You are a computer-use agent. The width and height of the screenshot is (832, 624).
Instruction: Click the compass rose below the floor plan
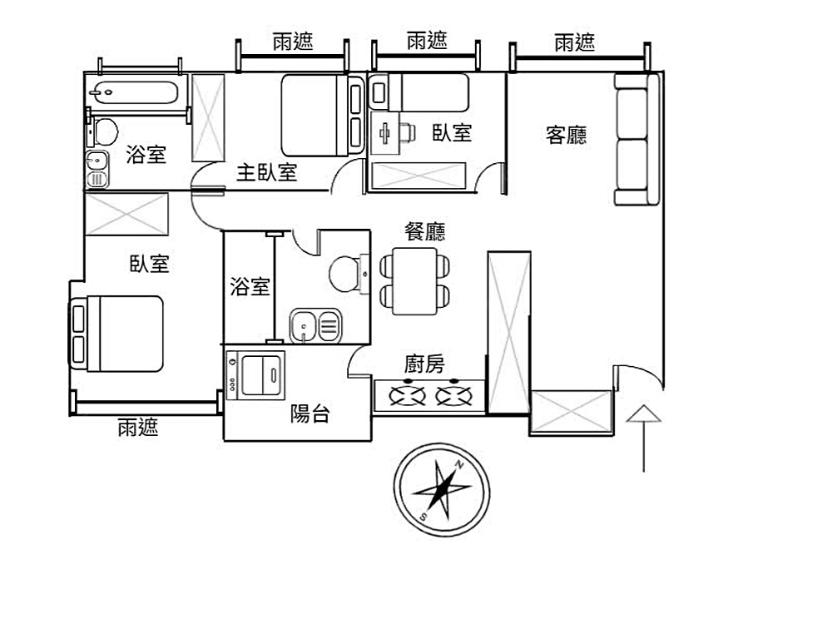(x=442, y=490)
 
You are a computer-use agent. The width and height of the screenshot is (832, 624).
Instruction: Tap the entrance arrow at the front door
(x=644, y=438)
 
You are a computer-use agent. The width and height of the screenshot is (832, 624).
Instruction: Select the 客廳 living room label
(x=566, y=135)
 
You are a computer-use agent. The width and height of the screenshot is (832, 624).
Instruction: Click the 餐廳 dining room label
(x=424, y=231)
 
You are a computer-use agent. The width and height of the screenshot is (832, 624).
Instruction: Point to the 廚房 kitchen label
(x=424, y=364)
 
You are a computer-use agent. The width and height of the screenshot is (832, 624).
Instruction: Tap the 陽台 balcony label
(x=310, y=413)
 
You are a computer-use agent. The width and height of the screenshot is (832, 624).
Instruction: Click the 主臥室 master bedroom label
(x=266, y=172)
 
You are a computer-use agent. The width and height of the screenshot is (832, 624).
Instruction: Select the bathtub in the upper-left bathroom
(x=132, y=92)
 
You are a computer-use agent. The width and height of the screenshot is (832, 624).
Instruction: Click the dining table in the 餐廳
(x=415, y=281)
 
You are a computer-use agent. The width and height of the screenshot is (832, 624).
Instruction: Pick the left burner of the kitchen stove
(x=408, y=395)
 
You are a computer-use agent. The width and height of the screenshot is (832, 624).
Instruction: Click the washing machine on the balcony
(x=255, y=376)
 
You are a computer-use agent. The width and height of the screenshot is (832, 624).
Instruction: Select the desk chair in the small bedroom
(x=407, y=132)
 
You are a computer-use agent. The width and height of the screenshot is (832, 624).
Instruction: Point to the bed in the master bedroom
(x=321, y=115)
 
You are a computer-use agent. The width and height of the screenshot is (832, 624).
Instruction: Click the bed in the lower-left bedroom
(x=116, y=334)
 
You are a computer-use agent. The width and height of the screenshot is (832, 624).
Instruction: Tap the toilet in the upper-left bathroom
(x=103, y=131)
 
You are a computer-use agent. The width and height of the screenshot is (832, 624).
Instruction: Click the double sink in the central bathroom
(x=315, y=325)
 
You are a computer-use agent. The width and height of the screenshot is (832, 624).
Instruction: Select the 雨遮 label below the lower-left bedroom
(x=138, y=427)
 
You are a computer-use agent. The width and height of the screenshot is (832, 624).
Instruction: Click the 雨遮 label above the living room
(x=575, y=42)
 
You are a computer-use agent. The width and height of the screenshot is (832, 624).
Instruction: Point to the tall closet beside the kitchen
(x=509, y=332)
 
